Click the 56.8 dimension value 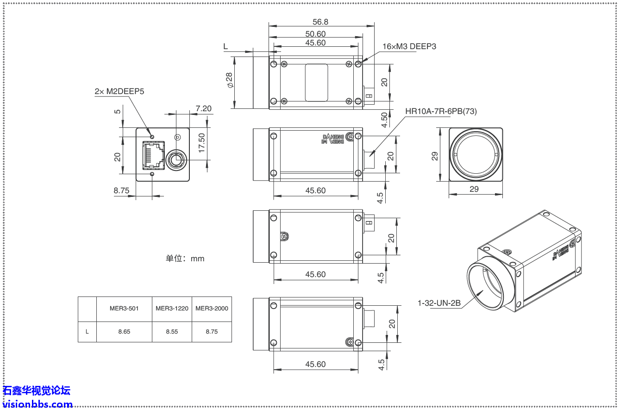click(320, 22)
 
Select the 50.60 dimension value click(315, 34)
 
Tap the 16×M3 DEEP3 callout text click(409, 46)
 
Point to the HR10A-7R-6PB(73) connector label click(441, 111)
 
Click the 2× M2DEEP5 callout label click(119, 92)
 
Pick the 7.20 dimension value click(203, 108)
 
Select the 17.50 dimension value click(202, 143)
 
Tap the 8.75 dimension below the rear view click(121, 190)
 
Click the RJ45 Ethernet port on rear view click(153, 155)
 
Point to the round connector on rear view click(176, 160)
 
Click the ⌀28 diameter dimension click(230, 80)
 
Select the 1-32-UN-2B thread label click(439, 303)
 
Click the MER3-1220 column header click(172, 309)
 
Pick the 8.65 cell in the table click(124, 332)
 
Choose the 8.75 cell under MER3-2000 click(212, 332)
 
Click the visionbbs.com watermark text click(38, 404)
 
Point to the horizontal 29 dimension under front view click(474, 189)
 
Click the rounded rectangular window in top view click(316, 83)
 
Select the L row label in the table click(87, 332)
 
